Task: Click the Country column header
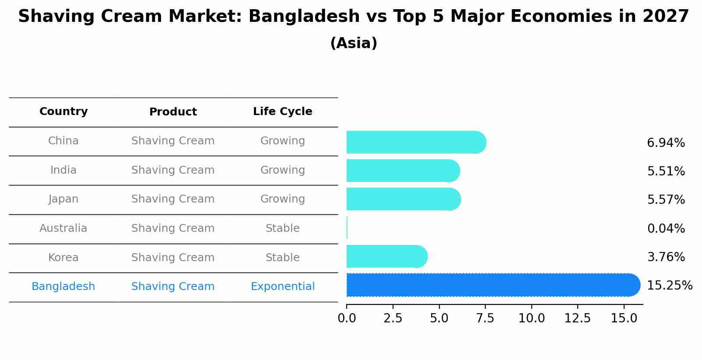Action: coord(63,112)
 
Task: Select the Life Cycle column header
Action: coord(282,112)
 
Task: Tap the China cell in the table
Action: coord(63,141)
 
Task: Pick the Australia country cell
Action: coord(63,228)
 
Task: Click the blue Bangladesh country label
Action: coord(63,287)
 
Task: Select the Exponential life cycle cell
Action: coord(282,287)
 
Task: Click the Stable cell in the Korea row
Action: coord(282,258)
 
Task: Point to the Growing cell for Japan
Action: coord(282,199)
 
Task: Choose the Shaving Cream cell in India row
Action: coord(173,170)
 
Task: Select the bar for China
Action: coord(416,142)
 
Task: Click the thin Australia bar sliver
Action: coord(347,227)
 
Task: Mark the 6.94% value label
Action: coord(666,143)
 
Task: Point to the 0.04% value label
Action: coord(666,228)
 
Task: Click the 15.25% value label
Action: coord(669,286)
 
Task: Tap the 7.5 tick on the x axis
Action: coord(485,318)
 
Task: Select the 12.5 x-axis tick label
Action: coord(577,318)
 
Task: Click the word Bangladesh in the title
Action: coord(304,17)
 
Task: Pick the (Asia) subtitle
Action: coord(354,43)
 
